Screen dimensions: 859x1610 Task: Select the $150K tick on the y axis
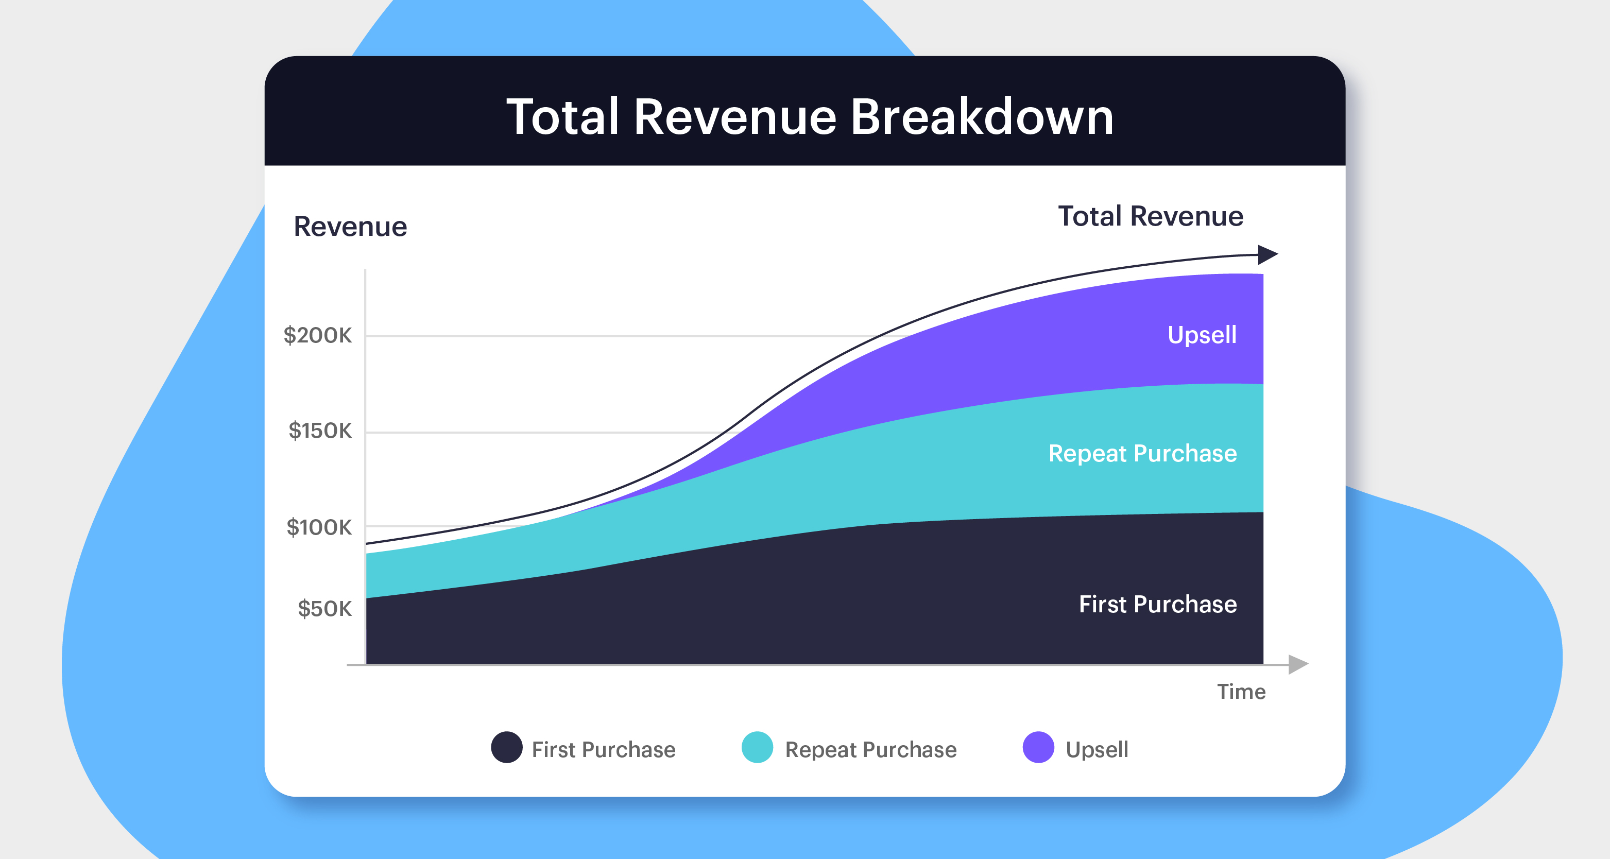tap(320, 431)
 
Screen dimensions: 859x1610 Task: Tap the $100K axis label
tap(319, 527)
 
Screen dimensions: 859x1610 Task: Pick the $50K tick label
tap(324, 609)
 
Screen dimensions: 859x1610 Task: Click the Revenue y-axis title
tap(350, 226)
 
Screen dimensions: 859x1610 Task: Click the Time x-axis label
tap(1241, 692)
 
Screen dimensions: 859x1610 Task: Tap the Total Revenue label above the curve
tap(1150, 216)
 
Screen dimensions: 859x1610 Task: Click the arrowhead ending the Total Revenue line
tap(1268, 254)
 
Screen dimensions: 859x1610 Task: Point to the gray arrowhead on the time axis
tap(1298, 664)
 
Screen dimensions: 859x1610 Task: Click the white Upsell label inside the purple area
tap(1201, 335)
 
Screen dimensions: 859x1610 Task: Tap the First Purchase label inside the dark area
tap(1157, 604)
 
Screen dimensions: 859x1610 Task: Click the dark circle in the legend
tap(506, 747)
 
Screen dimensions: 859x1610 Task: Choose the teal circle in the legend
tap(757, 747)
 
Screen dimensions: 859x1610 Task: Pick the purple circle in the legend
tap(1038, 747)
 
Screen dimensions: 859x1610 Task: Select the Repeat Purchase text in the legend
tap(870, 749)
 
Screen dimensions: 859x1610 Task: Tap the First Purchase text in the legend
tap(603, 749)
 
